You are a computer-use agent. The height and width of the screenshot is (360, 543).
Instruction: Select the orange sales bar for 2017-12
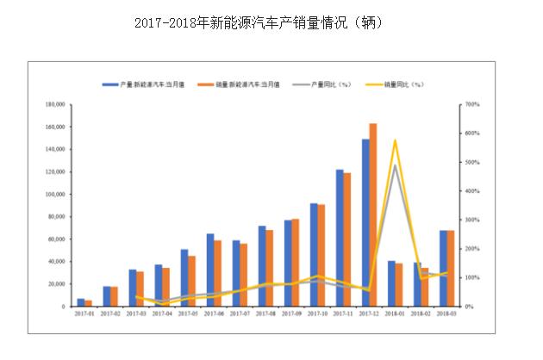(x=373, y=214)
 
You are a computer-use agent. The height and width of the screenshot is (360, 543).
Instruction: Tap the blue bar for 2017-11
(x=340, y=238)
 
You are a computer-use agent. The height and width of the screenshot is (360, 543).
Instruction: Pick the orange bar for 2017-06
(x=218, y=273)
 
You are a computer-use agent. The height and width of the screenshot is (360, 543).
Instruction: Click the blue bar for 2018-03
(x=443, y=268)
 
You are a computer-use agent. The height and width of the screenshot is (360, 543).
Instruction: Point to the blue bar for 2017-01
(x=80, y=302)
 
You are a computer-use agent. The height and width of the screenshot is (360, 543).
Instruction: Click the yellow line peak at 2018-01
(x=395, y=140)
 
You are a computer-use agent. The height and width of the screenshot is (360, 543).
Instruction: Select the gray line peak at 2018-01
(x=395, y=165)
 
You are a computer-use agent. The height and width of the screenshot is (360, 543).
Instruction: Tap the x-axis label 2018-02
(x=421, y=315)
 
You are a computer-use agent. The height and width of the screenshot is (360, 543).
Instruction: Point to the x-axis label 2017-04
(x=162, y=315)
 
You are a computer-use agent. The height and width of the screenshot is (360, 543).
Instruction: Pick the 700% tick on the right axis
(x=471, y=104)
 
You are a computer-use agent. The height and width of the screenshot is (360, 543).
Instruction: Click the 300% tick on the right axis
(x=471, y=220)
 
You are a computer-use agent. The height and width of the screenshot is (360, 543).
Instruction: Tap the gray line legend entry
(x=323, y=84)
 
